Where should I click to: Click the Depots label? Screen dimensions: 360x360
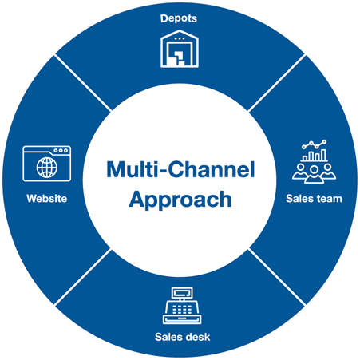pyautogui.click(x=179, y=18)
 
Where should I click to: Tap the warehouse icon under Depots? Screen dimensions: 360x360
pyautogui.click(x=180, y=49)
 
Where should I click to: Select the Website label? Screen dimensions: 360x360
pyautogui.click(x=47, y=199)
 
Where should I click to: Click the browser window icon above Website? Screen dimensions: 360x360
pyautogui.click(x=47, y=164)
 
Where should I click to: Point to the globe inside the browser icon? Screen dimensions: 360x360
pyautogui.click(x=47, y=168)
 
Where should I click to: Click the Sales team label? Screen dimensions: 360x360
pyautogui.click(x=314, y=199)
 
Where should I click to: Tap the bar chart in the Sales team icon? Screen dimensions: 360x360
pyautogui.click(x=315, y=156)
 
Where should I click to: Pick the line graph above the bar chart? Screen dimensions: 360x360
pyautogui.click(x=315, y=144)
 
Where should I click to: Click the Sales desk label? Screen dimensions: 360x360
pyautogui.click(x=182, y=337)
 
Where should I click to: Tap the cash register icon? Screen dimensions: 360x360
pyautogui.click(x=182, y=306)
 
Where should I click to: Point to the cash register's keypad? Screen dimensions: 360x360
pyautogui.click(x=182, y=309)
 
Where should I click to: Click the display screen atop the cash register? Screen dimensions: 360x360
pyautogui.click(x=182, y=293)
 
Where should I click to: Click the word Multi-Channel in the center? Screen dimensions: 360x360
pyautogui.click(x=180, y=169)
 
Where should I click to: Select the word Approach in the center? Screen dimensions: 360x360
pyautogui.click(x=180, y=200)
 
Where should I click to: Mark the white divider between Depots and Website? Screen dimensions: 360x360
pyautogui.click(x=83, y=83)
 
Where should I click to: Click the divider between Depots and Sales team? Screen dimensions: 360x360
pyautogui.click(x=277, y=83)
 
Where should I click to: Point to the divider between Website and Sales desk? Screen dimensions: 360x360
pyautogui.click(x=83, y=277)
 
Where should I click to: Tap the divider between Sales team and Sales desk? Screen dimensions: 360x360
pyautogui.click(x=277, y=277)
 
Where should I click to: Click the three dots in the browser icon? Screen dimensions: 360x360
pyautogui.click(x=61, y=150)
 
